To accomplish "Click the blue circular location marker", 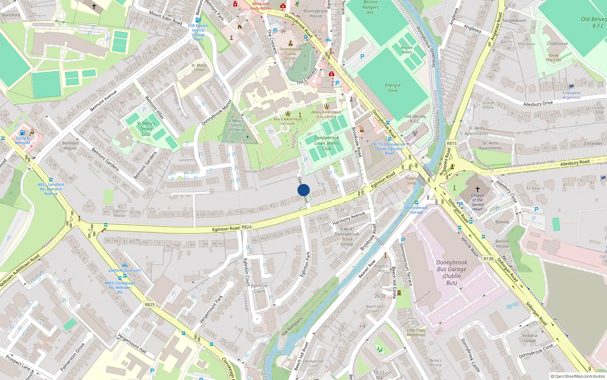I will [303, 190].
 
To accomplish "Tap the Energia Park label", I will [393, 88].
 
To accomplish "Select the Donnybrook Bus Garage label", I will [451, 272].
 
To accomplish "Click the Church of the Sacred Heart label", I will [477, 202].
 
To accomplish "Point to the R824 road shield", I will [247, 227].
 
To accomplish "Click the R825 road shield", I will [150, 304].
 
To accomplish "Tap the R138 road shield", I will [489, 259].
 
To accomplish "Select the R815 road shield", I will [451, 143].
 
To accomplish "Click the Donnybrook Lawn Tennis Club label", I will [327, 143].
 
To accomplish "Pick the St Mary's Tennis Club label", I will [146, 129].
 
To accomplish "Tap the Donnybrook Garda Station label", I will [291, 54].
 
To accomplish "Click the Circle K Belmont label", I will [23, 140].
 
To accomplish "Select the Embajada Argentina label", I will [571, 95].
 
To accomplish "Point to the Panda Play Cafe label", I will [554, 57].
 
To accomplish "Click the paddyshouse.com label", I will [125, 270].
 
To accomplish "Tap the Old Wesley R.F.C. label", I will [415, 119].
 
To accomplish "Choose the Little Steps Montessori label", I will [416, 332].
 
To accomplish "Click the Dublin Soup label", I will [411, 180].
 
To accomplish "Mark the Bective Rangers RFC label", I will [370, 7].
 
